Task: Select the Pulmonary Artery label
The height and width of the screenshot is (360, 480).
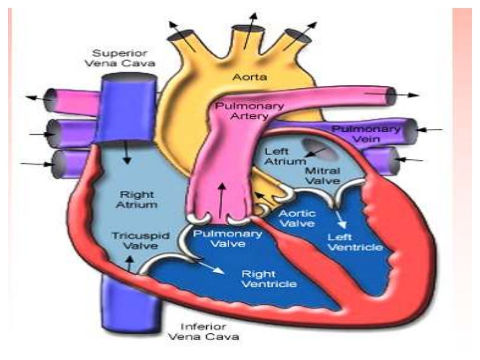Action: tap(249, 111)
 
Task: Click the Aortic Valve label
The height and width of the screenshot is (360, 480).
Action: tap(297, 218)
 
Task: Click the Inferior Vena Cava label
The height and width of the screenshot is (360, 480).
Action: tap(203, 331)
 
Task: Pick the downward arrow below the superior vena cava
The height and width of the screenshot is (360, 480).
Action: tap(126, 152)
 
